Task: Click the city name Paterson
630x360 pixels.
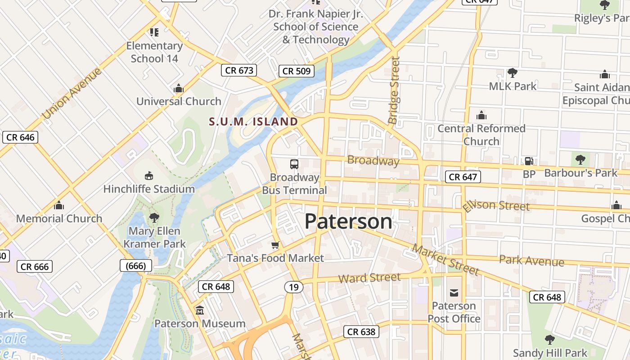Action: point(348,221)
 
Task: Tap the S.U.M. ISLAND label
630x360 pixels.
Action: point(253,121)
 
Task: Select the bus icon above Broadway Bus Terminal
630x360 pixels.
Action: point(294,164)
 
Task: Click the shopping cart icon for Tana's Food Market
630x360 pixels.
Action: point(275,245)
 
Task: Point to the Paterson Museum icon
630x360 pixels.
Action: point(199,310)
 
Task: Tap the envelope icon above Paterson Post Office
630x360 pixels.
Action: point(454,293)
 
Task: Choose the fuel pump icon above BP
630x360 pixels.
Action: point(529,161)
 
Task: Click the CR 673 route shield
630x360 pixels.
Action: point(239,70)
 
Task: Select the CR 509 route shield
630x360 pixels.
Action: point(296,71)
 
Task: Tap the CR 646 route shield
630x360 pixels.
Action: point(20,137)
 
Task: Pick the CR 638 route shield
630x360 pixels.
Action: point(361,332)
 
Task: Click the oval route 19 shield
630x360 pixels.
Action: point(293,287)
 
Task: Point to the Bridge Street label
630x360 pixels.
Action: point(394,90)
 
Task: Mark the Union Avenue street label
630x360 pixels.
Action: point(72,93)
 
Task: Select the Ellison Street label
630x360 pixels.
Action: point(496,205)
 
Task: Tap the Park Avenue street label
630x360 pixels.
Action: point(531,261)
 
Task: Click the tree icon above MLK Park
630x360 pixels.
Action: point(512,73)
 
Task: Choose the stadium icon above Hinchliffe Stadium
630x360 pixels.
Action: point(149,175)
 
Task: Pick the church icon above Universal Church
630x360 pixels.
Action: point(179,88)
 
